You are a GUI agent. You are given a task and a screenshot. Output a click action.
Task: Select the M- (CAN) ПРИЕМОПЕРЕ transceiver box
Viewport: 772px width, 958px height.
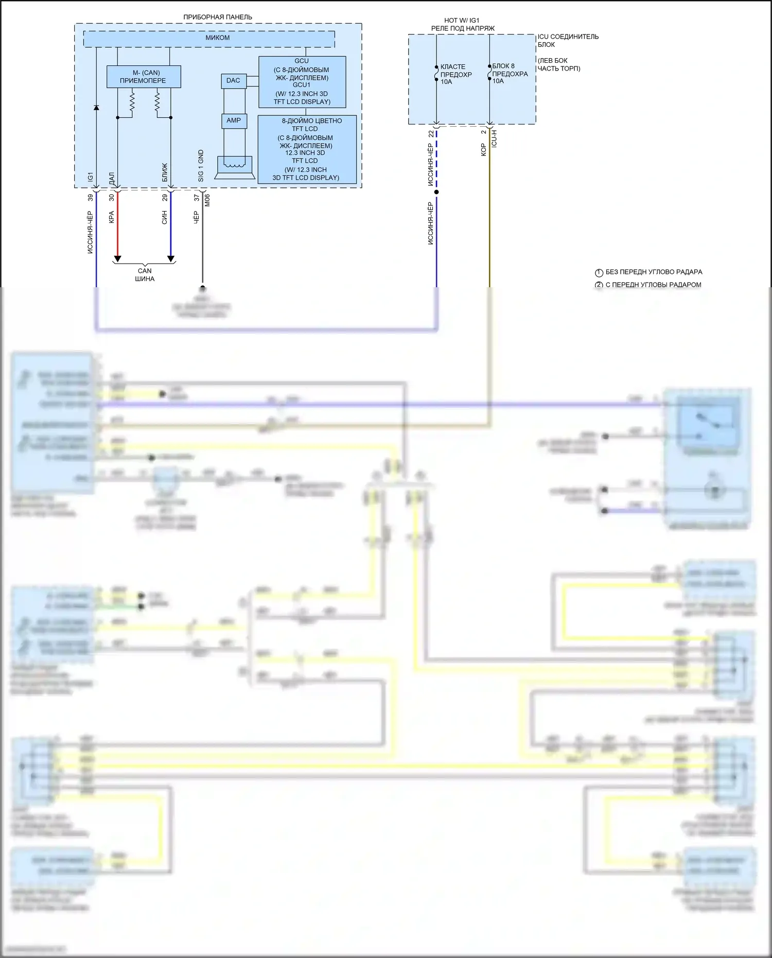(x=144, y=77)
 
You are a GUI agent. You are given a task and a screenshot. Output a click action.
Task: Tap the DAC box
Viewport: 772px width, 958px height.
(x=233, y=81)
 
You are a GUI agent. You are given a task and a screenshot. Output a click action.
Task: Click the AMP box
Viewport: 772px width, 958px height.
(x=234, y=120)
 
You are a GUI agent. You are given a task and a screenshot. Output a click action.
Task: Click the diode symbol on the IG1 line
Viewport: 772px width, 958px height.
(x=96, y=108)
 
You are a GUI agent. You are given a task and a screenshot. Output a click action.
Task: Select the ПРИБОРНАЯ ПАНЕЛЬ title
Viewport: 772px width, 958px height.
(x=218, y=17)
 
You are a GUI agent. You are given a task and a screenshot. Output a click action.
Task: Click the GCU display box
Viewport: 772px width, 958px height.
(x=302, y=81)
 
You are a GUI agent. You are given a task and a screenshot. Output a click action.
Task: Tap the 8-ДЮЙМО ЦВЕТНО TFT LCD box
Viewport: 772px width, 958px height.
(x=307, y=149)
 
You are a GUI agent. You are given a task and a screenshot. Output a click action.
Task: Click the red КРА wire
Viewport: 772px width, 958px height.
(x=117, y=227)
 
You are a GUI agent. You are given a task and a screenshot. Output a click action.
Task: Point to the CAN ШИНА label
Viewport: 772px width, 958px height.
(x=145, y=275)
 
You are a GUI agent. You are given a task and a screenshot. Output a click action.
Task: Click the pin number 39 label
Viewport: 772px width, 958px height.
(x=91, y=198)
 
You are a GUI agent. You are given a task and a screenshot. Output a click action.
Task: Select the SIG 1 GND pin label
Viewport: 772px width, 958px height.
(x=201, y=165)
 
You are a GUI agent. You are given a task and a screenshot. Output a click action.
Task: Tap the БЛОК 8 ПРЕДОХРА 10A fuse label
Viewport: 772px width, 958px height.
(x=510, y=74)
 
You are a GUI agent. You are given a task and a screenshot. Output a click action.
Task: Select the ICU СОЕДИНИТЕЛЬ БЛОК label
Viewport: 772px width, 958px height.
(x=568, y=41)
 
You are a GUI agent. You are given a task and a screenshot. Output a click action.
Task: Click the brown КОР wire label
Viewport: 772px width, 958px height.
(x=483, y=150)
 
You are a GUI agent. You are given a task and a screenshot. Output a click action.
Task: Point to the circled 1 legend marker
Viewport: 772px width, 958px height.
(x=599, y=273)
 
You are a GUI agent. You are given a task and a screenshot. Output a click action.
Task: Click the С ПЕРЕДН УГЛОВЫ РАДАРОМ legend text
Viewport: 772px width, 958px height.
(x=653, y=285)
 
